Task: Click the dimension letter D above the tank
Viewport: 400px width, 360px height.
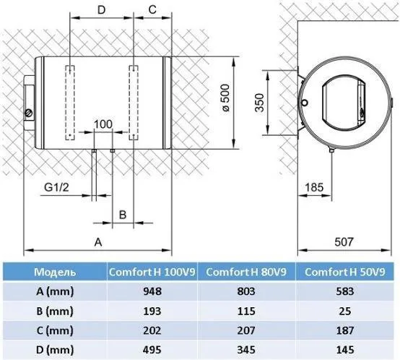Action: point(102,10)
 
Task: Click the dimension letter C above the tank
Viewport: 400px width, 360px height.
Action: point(152,9)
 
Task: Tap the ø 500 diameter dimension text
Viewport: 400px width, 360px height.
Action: point(226,98)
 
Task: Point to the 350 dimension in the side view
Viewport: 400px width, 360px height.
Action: point(259,103)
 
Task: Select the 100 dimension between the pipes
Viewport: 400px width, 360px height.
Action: point(103,124)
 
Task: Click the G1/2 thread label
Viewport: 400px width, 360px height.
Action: point(56,187)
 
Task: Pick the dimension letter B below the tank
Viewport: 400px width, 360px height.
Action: point(123,215)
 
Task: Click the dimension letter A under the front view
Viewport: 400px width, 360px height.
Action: point(98,242)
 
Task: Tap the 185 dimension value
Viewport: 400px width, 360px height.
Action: point(314,187)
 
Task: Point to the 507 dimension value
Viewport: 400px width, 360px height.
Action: point(344,241)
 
